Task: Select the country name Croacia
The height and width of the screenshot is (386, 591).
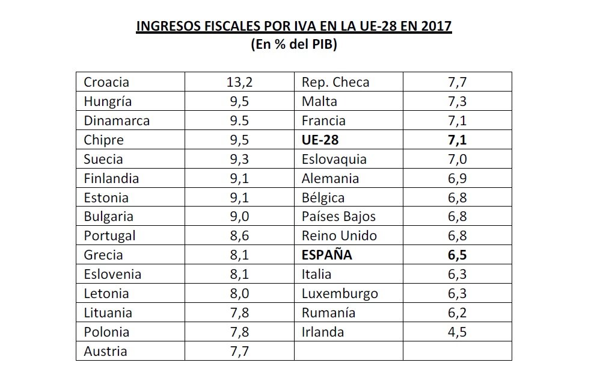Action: point(106,82)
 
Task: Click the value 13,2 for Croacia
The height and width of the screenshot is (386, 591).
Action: point(239,82)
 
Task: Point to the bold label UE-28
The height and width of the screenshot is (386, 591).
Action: point(321,140)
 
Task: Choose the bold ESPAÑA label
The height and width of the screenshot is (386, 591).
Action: point(326,255)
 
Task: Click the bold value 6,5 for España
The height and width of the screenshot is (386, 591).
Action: point(456,255)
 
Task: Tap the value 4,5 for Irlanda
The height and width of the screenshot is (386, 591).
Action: point(456,332)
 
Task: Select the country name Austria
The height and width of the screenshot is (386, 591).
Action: point(105,351)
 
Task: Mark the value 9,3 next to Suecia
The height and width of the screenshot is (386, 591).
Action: point(239,159)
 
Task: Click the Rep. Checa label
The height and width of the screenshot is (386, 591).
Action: point(335,82)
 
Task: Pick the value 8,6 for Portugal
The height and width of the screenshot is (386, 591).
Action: point(239,235)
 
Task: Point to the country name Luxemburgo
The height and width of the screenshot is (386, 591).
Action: point(340,293)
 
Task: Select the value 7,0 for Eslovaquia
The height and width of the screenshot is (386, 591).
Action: point(456,159)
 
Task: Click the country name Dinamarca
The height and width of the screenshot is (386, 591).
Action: point(117,120)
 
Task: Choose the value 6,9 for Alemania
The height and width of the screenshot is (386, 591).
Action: point(456,178)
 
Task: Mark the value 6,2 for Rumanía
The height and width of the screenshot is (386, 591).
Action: point(456,313)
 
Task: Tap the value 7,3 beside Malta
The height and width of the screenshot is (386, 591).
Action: point(456,101)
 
